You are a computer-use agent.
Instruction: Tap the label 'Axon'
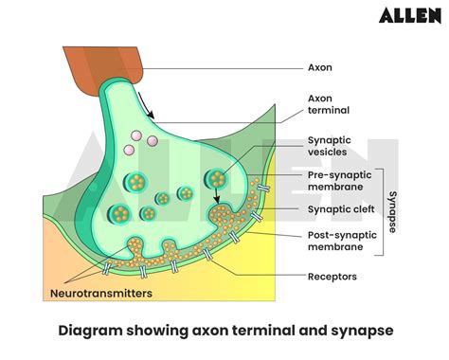pyautogui.click(x=319, y=68)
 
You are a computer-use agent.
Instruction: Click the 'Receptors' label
pyautogui.click(x=332, y=278)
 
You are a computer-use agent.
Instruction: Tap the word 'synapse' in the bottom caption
pyautogui.click(x=355, y=331)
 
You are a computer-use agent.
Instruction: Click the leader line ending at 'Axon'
pyautogui.click(x=227, y=68)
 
